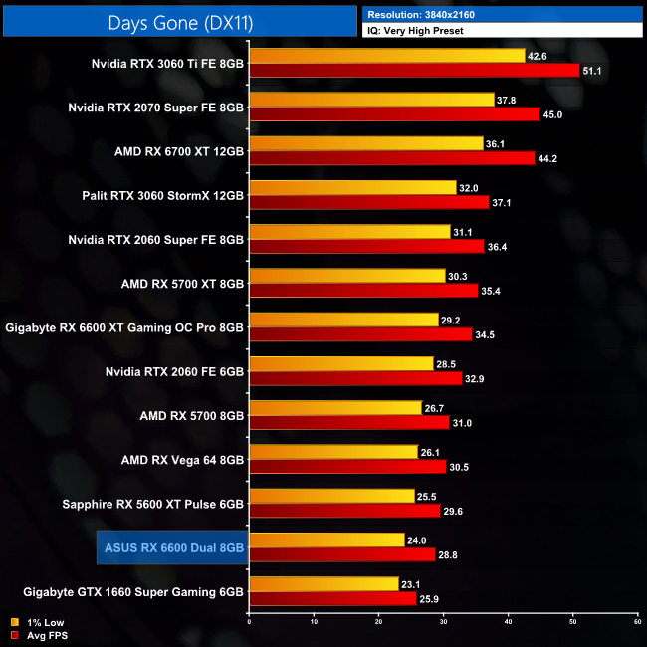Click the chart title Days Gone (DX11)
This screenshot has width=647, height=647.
pyautogui.click(x=179, y=20)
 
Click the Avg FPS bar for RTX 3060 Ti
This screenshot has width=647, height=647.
pyautogui.click(x=414, y=71)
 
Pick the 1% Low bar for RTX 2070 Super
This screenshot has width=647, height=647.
pyautogui.click(x=371, y=100)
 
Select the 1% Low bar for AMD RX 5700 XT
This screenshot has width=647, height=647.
pyautogui.click(x=346, y=276)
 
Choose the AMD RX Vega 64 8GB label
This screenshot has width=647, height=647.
pyautogui.click(x=180, y=459)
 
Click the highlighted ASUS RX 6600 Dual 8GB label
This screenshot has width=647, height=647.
pyautogui.click(x=174, y=546)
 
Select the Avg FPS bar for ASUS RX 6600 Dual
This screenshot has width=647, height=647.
pyautogui.click(x=342, y=553)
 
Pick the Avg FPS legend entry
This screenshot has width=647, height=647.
pyautogui.click(x=38, y=634)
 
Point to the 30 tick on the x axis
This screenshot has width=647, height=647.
pyautogui.click(x=443, y=622)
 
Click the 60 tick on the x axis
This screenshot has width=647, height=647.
pyautogui.click(x=637, y=622)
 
